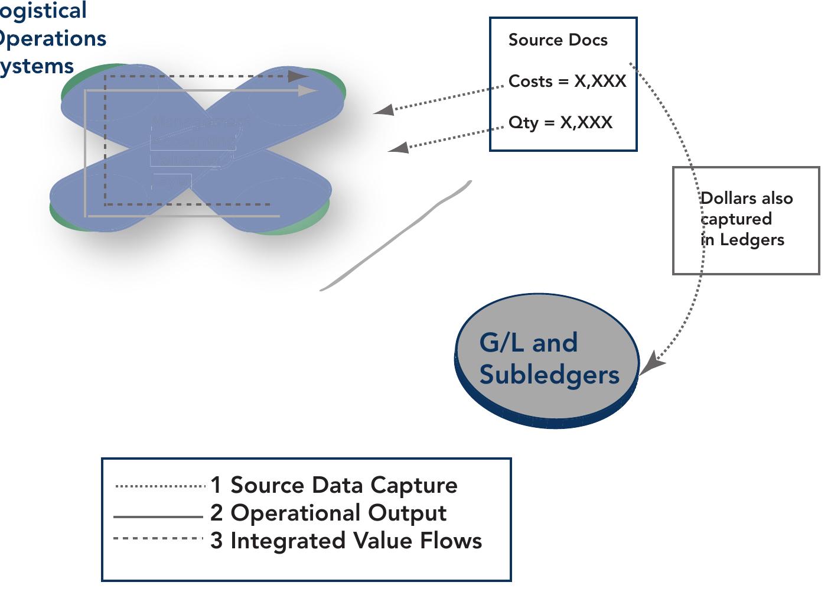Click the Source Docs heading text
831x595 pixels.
click(x=558, y=40)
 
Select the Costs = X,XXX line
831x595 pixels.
click(x=567, y=81)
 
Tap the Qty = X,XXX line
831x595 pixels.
click(x=560, y=122)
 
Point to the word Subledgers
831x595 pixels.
click(x=549, y=375)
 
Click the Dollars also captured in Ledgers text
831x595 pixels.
click(x=746, y=219)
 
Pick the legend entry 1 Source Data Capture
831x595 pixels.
click(x=334, y=485)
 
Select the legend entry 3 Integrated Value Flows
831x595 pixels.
click(x=346, y=541)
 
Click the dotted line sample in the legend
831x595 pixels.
click(x=159, y=486)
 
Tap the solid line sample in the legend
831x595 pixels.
click(x=158, y=517)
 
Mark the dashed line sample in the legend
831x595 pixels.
click(x=158, y=538)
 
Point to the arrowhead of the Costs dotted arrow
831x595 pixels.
click(x=384, y=109)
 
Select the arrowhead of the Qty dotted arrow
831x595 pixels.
click(x=399, y=147)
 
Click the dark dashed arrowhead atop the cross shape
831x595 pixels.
click(x=298, y=76)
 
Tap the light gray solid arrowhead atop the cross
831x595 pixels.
click(x=308, y=91)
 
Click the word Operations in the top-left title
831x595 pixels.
click(x=53, y=38)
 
